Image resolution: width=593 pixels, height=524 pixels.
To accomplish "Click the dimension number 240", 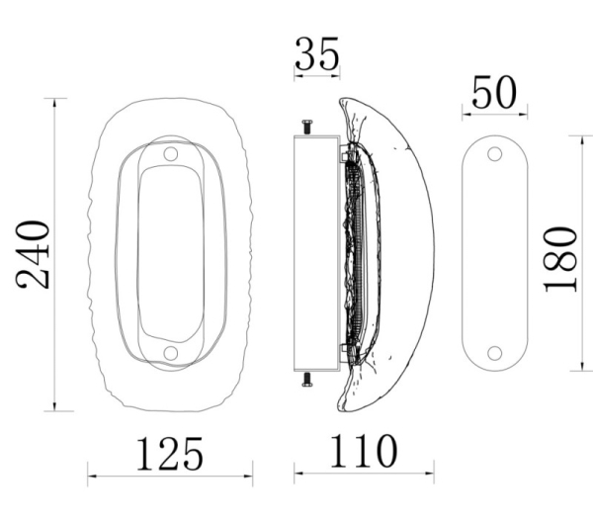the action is pos(33,255).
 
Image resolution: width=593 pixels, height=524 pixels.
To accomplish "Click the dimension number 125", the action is pos(169,454).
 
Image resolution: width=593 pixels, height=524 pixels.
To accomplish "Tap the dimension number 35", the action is pos(316,53).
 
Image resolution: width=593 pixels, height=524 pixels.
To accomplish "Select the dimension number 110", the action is pos(364,451).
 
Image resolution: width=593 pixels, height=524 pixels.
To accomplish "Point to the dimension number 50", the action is pos(494,93).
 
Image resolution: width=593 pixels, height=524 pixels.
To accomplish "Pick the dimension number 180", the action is pos(560,260).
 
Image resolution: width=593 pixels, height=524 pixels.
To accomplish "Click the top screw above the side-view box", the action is pos(307,127).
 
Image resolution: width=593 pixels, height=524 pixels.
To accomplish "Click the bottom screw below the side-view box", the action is pos(307,380).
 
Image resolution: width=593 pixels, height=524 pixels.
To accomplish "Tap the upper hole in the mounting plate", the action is pos(495,154).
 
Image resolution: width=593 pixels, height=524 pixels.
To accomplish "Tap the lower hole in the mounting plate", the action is pos(495,353).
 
